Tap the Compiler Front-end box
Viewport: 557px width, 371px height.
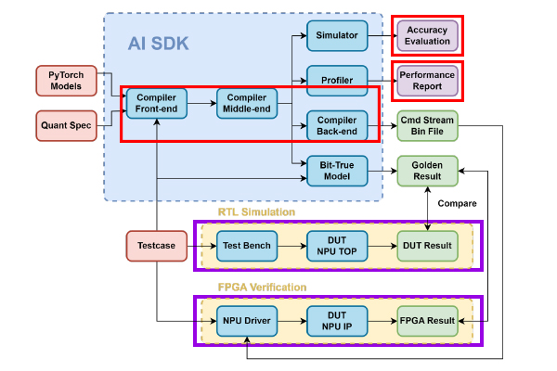(x=157, y=103)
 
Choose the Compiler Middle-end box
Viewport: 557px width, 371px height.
(x=247, y=103)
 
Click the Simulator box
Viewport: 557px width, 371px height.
(x=338, y=34)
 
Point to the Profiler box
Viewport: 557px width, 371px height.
(x=338, y=80)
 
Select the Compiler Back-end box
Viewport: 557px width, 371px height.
(x=338, y=125)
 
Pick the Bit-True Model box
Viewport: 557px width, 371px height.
(x=338, y=171)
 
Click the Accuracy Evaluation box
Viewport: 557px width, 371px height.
(x=427, y=35)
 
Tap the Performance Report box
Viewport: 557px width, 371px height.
(x=427, y=80)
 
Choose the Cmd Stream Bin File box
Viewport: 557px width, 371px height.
(x=428, y=125)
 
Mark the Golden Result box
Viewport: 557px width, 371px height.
(x=428, y=171)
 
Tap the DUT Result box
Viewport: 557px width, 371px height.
(x=428, y=246)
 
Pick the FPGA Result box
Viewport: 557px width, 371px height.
(x=428, y=321)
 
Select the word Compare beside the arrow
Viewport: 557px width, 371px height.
(x=457, y=203)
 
